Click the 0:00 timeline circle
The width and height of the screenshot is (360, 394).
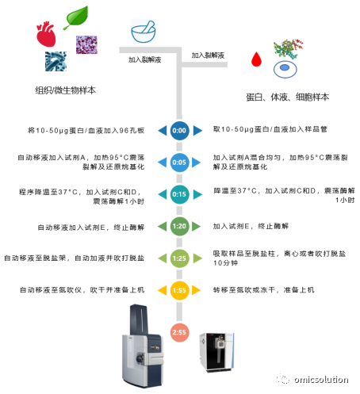point(179,131)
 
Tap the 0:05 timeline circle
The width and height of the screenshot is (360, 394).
point(179,163)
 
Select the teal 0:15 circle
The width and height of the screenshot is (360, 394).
point(179,194)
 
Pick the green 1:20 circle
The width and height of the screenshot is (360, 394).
point(179,226)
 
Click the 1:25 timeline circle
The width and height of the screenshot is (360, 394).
point(179,258)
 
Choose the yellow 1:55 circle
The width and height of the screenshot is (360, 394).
point(179,290)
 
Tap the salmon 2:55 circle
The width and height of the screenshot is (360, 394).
point(179,332)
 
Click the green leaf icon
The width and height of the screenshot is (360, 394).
point(76,17)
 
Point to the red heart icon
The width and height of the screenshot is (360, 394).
point(46,34)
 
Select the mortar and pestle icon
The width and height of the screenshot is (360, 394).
point(144,32)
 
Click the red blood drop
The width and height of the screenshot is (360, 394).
point(256,59)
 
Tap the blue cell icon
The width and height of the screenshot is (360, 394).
point(285,69)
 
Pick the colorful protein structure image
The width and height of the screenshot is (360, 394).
point(288,48)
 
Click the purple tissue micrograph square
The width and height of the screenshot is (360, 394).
point(86,44)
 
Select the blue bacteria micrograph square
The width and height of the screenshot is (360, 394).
point(56,61)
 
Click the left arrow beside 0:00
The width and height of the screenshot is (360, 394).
point(163,131)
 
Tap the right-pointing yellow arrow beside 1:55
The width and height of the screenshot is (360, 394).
point(196,290)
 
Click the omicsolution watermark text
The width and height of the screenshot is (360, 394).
point(321,380)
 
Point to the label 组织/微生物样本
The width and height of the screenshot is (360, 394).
point(66,90)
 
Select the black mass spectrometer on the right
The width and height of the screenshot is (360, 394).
point(216,353)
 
